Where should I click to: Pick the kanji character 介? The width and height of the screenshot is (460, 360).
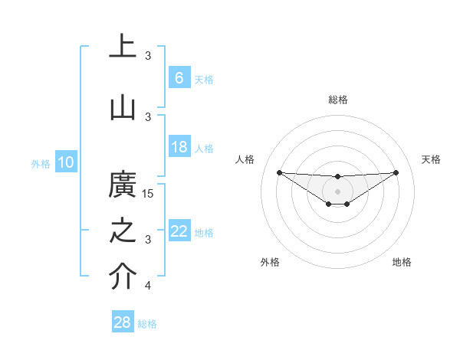(x=123, y=277)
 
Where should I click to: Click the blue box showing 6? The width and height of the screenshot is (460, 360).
(x=179, y=77)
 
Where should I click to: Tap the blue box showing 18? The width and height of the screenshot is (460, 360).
(x=179, y=148)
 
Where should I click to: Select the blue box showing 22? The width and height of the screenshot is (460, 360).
(x=179, y=231)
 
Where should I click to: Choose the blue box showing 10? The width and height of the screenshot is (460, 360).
(x=65, y=162)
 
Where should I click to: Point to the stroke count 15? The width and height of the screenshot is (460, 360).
(x=149, y=194)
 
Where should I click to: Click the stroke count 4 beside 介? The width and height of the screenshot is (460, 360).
(x=148, y=286)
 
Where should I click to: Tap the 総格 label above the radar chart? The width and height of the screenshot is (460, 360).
(x=337, y=100)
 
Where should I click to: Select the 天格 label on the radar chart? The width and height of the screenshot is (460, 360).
(x=432, y=159)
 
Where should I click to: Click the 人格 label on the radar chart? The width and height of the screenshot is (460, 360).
(x=245, y=159)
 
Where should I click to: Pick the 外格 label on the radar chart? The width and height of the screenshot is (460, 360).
(x=269, y=262)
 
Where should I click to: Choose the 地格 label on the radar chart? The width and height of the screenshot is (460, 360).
(x=402, y=262)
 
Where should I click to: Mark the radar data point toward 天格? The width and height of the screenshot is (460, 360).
(x=396, y=172)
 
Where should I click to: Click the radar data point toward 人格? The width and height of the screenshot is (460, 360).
(x=279, y=172)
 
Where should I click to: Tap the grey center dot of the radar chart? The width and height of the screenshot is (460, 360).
(x=337, y=191)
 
